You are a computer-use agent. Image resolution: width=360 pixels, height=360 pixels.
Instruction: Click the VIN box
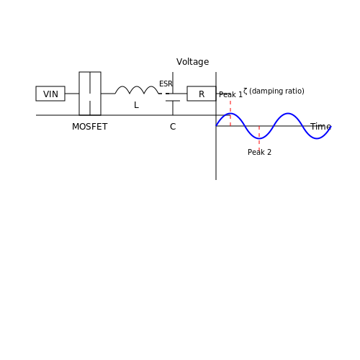tap(50, 94)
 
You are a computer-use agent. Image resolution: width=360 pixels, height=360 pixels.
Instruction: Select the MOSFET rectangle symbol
tap(79, 94)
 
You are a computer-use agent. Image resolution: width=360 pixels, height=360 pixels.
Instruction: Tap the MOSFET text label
tap(90, 127)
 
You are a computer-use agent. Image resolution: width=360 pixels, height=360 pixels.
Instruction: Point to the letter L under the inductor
tap(136, 105)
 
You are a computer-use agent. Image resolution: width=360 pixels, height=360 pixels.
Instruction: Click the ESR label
tap(166, 84)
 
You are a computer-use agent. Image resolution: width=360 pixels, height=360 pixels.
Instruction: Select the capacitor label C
tap(173, 127)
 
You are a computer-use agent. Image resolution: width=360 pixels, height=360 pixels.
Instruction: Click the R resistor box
tap(202, 94)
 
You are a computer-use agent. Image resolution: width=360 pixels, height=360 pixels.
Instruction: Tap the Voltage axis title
tap(193, 62)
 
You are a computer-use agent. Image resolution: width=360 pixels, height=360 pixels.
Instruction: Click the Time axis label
tap(320, 127)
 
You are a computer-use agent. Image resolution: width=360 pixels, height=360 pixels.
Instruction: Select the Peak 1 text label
tap(230, 94)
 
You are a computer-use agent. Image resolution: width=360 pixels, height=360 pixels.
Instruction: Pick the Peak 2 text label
tap(259, 152)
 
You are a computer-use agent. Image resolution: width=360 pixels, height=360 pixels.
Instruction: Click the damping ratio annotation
tap(274, 91)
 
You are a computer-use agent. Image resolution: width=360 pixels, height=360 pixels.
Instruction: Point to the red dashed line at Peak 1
tap(230, 113)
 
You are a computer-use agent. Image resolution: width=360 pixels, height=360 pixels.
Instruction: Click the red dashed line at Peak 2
tap(259, 138)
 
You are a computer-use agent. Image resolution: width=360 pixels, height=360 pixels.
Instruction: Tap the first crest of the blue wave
tap(230, 113)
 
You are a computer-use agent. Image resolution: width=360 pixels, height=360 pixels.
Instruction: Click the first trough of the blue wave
tap(259, 138)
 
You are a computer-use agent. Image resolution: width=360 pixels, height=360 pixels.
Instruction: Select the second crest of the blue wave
tap(288, 113)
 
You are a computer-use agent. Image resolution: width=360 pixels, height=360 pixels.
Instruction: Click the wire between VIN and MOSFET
tap(72, 94)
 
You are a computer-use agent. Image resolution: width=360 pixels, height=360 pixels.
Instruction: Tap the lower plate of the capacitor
tap(173, 101)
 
